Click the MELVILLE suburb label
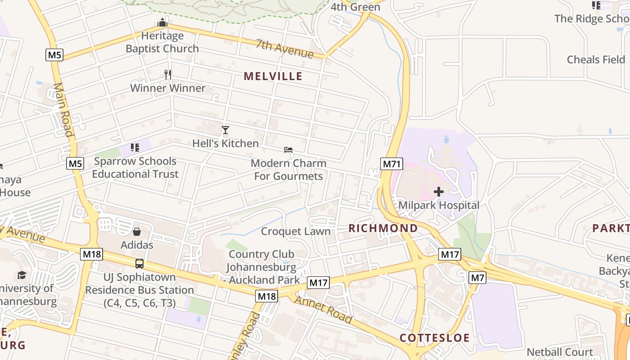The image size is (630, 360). pos(273,76)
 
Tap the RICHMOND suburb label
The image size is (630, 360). pos(383,228)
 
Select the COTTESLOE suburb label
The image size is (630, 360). pos(435,338)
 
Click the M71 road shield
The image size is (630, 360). pos(391,163)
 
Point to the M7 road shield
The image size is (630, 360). pos(477,278)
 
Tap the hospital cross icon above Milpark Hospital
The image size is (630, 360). pos(438,192)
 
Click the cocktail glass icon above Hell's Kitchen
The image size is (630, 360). pos(225,130)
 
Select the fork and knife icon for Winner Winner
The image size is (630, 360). pos(168,74)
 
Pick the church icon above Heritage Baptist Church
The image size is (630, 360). pos(162,22)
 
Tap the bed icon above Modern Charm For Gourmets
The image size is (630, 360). pos(288,149)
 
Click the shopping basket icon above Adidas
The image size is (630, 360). pos(137,232)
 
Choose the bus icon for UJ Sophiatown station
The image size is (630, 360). pos(139,264)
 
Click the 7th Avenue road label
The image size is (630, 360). pos(284,49)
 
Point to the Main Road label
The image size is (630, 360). pos(63,109)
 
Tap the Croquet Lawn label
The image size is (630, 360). pos(296,231)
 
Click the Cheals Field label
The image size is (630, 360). pos(596,59)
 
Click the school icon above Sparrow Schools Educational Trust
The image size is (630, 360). pos(135,147)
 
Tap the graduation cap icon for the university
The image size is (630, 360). pos(22,275)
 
